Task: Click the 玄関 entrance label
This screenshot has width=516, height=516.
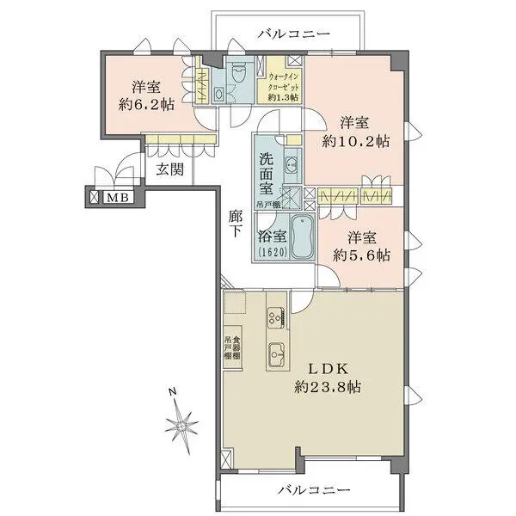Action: tap(169, 169)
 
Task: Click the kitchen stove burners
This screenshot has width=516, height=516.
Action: tap(276, 316)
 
